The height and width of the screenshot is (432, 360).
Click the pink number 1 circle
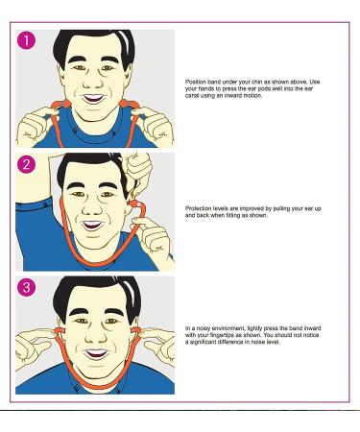coord(26,40)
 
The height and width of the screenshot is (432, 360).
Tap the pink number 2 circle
coord(26,164)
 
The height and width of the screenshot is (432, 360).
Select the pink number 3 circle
coord(26,287)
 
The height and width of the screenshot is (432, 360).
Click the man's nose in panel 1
coord(93,82)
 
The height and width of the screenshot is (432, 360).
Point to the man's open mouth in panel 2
coord(93,225)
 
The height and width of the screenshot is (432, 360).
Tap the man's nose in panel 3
coord(96,336)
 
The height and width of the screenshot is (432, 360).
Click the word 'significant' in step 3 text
coord(203,342)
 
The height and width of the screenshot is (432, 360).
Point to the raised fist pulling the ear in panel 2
coord(138,168)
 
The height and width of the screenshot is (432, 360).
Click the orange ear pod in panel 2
coord(133,204)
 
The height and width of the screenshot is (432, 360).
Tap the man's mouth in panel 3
coord(96,353)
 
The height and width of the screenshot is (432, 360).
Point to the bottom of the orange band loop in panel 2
coord(102,263)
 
